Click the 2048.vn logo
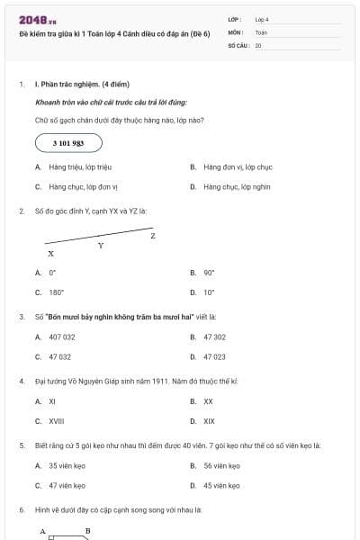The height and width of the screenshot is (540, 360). (37, 20)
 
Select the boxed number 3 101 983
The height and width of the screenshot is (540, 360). (69, 143)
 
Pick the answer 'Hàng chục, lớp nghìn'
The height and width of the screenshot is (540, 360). (237, 187)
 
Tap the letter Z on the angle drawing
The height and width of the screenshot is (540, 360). (153, 236)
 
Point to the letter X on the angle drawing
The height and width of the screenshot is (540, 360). (50, 254)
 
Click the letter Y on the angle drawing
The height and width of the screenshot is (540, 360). (101, 245)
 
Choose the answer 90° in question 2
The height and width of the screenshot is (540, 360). (209, 272)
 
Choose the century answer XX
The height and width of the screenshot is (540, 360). (208, 401)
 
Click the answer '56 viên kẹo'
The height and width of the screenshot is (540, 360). (221, 466)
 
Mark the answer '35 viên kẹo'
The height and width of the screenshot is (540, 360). (66, 466)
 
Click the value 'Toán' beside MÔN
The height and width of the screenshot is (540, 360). (261, 31)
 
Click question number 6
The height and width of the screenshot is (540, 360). (22, 510)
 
